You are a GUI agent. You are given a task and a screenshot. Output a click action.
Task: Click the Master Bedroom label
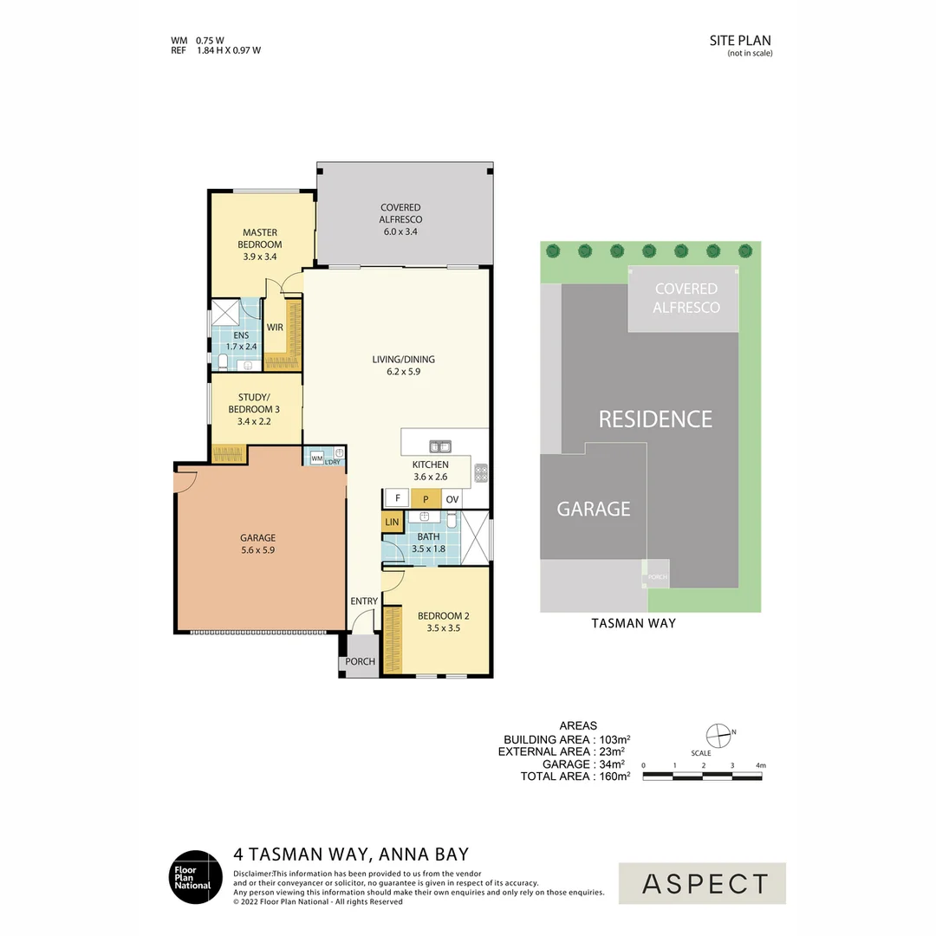coord(260,238)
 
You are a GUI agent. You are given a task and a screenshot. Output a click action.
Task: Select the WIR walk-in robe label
coord(275,328)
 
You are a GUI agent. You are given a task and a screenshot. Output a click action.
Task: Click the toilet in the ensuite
coord(222,361)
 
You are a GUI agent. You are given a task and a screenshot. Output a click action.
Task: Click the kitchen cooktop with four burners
coord(481,474)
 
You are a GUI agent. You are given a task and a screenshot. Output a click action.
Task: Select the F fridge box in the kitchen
coord(397,499)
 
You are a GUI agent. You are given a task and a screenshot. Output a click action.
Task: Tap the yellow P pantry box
coord(426,499)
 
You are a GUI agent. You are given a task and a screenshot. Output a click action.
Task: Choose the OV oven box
coord(452,499)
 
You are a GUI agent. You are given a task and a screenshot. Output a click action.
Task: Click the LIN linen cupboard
coord(392,523)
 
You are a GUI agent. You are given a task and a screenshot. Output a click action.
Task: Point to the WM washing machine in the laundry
coord(316,457)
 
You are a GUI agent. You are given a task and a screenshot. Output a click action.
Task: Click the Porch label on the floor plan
coord(360,662)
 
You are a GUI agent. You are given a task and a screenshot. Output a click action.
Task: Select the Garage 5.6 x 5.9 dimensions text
coord(258,549)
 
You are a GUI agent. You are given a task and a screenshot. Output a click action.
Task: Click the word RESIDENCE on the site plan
coord(655,419)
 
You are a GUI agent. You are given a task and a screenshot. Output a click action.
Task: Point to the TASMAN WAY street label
coord(634,623)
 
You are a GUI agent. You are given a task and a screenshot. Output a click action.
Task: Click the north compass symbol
coord(718,735)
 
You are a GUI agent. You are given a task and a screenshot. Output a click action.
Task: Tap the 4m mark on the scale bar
coord(761,766)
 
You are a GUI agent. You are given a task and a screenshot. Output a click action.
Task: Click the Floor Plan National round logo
coord(195,878)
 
